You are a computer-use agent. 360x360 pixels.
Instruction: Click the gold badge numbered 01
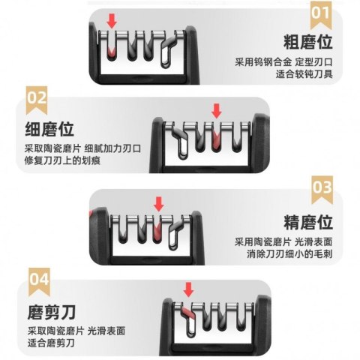320,14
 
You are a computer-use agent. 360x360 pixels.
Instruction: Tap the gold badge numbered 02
37,100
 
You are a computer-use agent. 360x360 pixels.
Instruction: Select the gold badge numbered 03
322,190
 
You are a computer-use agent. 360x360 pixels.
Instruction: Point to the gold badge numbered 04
39,281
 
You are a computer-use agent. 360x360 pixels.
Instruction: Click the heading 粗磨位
308,42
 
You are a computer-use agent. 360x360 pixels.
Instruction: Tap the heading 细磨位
49,129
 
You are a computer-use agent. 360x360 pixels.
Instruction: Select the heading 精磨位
308,222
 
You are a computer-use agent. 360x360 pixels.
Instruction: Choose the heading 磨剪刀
52,312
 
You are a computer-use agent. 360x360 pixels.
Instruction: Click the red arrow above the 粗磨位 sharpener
112,21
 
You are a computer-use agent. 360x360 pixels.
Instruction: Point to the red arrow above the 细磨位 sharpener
217,111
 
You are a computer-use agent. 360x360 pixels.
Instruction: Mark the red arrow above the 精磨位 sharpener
159,204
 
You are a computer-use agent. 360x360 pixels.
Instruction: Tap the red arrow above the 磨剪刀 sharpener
188,289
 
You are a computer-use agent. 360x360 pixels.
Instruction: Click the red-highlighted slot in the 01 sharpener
111,52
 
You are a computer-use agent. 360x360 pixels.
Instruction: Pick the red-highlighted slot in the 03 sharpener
157,231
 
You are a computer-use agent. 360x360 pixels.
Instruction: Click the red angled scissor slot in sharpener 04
187,313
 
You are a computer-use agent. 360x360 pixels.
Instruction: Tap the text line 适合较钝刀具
304,74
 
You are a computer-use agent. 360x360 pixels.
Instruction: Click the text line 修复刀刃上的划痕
62,160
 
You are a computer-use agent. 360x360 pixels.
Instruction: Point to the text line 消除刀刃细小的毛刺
289,254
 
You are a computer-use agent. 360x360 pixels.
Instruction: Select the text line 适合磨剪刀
51,343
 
